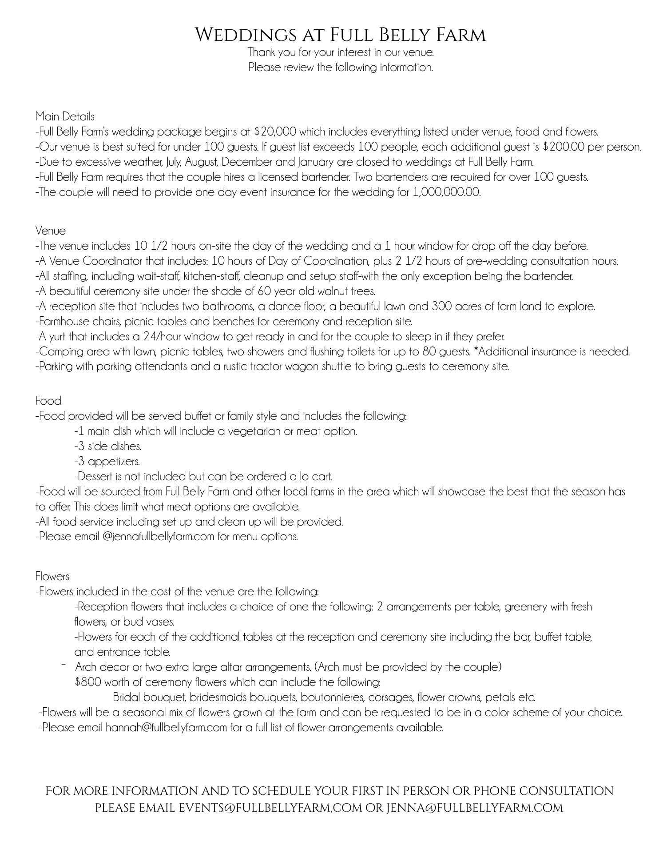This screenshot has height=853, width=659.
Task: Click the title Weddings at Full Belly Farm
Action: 341,35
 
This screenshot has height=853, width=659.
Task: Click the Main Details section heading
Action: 65,116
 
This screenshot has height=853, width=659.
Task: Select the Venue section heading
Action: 50,231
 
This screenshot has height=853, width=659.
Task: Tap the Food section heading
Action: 48,401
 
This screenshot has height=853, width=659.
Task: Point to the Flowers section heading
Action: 52,576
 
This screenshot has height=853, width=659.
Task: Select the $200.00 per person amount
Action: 564,147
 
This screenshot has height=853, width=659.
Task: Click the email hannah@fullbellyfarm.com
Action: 166,728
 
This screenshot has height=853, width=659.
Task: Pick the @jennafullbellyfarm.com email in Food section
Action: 158,537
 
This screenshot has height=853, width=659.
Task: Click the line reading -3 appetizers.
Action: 107,461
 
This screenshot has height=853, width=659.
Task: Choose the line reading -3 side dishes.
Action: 107,446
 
